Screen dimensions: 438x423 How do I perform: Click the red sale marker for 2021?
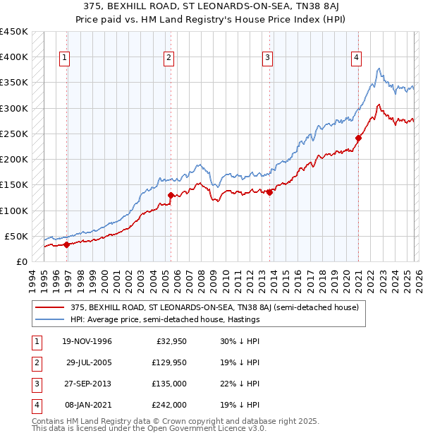tap(358, 138)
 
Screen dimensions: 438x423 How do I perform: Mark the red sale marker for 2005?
tap(171, 195)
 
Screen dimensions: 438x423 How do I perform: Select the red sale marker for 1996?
tap(67, 244)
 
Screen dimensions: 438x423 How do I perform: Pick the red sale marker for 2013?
tap(269, 192)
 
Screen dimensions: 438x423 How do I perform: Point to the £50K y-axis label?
tap(17, 236)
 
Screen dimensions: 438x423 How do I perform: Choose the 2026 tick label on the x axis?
tap(417, 279)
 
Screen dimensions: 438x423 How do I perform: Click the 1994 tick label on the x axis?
tap(32, 279)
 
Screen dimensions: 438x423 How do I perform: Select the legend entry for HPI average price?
tap(165, 319)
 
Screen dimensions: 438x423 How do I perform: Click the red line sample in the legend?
tap(49, 307)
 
